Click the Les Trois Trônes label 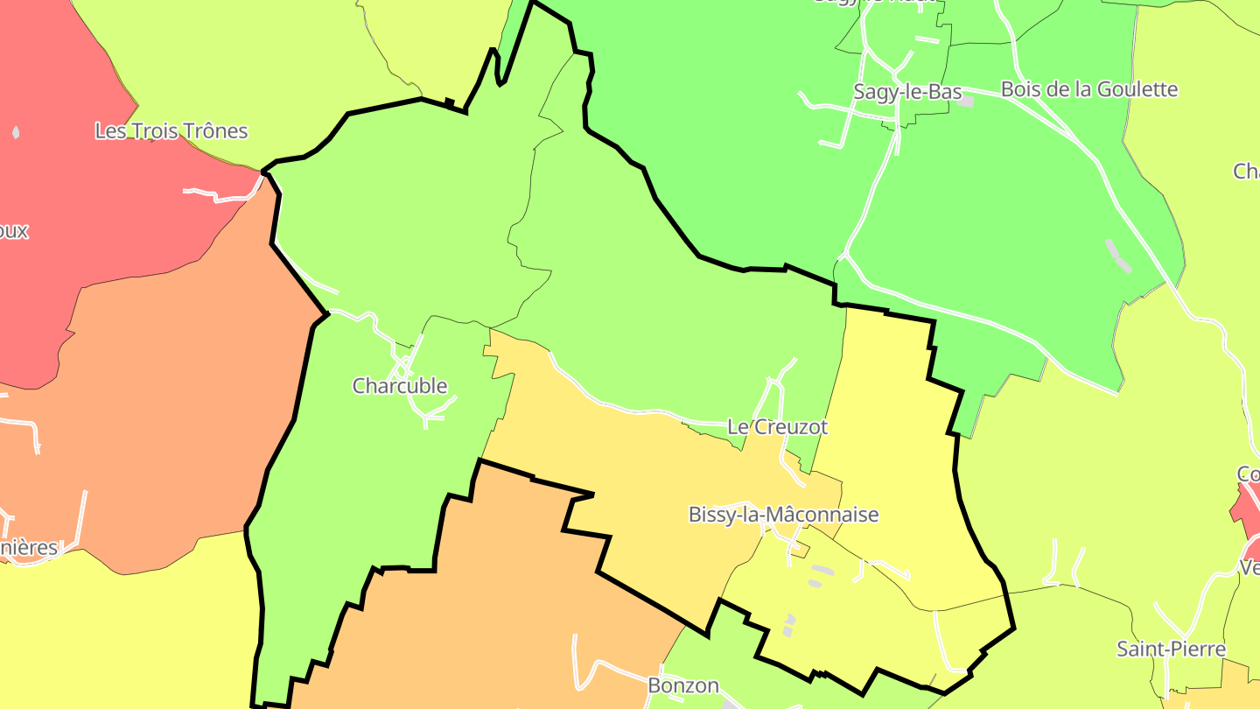click(x=171, y=131)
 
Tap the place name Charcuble click(x=400, y=386)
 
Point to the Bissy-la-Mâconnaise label click(x=783, y=515)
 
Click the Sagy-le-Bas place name click(x=907, y=92)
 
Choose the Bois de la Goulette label click(x=1089, y=89)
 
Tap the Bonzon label click(x=683, y=685)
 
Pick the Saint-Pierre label click(x=1171, y=649)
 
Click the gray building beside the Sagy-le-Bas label click(x=966, y=102)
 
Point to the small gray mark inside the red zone click(x=16, y=133)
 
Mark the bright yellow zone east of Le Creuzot click(x=892, y=420)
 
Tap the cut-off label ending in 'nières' click(x=28, y=549)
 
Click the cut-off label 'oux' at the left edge click(x=14, y=232)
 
